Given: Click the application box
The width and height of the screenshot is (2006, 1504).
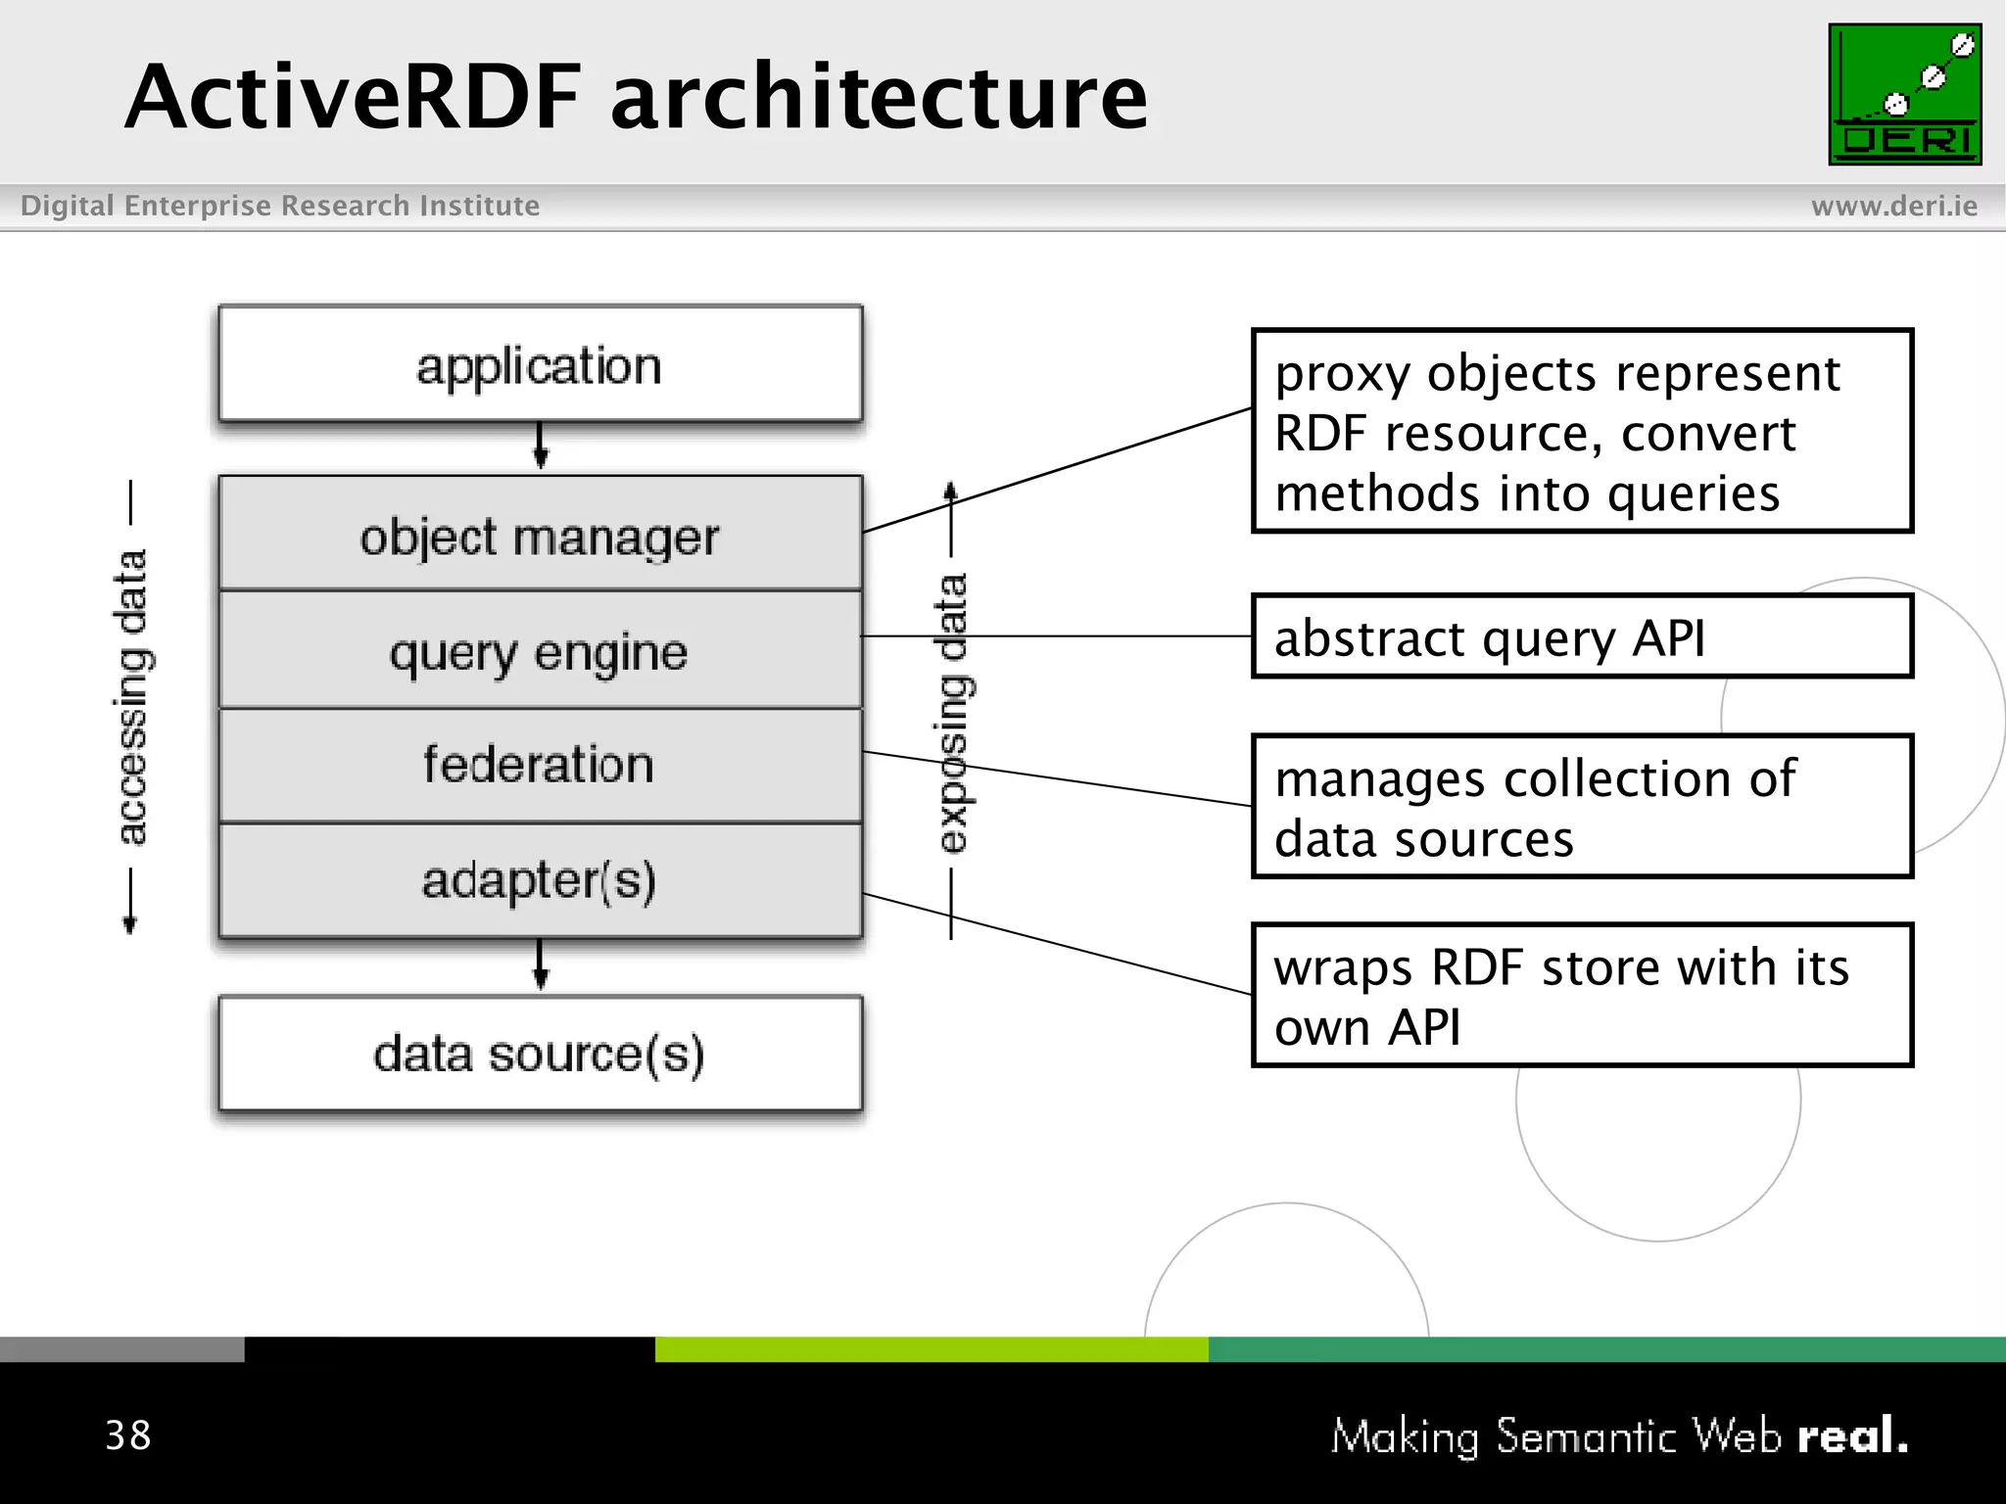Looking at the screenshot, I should pos(540,365).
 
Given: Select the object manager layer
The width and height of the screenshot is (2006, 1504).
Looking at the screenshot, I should pos(540,536).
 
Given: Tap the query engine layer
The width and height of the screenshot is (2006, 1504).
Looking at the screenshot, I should pos(540,651).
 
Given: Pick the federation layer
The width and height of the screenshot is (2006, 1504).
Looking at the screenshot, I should pos(540,765).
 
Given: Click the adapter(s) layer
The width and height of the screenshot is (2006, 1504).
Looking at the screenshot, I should pos(540,879).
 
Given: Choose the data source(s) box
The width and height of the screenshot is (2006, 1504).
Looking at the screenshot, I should pos(540,1054).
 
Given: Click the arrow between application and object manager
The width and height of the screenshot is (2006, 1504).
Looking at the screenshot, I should pos(540,446).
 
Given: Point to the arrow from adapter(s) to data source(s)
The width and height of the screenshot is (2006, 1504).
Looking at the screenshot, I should pos(540,965).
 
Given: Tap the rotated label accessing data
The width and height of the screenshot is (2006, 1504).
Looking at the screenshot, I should pos(131,697).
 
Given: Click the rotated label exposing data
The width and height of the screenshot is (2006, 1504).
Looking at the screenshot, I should pos(952,713).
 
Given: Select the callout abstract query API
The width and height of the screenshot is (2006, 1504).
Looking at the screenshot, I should pos(1581,637).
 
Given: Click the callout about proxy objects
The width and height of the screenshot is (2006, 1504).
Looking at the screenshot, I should pos(1581,432).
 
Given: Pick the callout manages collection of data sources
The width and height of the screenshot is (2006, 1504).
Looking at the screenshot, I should pos(1581,807).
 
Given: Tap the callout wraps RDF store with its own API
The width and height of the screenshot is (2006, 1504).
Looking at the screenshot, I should pos(1581,996).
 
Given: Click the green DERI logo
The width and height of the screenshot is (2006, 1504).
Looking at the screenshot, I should pos(1904,95).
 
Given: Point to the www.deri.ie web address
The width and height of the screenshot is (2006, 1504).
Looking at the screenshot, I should pos(1893,206).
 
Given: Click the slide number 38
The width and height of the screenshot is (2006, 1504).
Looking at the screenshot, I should pos(128,1435).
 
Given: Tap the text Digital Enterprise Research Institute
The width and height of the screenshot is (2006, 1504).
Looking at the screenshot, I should pos(280,206).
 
